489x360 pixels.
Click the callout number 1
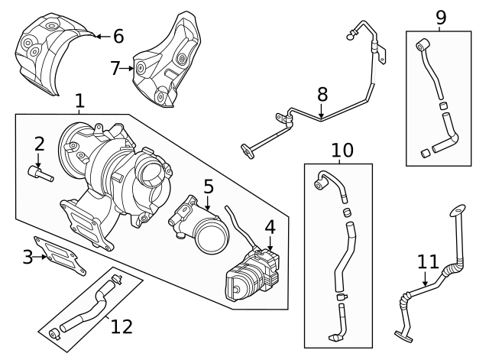pos(80,100)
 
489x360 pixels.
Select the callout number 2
pos(39,143)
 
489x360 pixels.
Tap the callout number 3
pos(28,257)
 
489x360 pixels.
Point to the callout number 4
pos(270,227)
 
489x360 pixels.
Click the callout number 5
pos(208,186)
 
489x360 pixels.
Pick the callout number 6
pos(118,35)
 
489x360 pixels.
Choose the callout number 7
pos(116,68)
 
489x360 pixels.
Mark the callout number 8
pos(322,95)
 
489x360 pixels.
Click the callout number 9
pos(440,17)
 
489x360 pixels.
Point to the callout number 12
pos(121,327)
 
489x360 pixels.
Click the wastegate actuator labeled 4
pos(250,274)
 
